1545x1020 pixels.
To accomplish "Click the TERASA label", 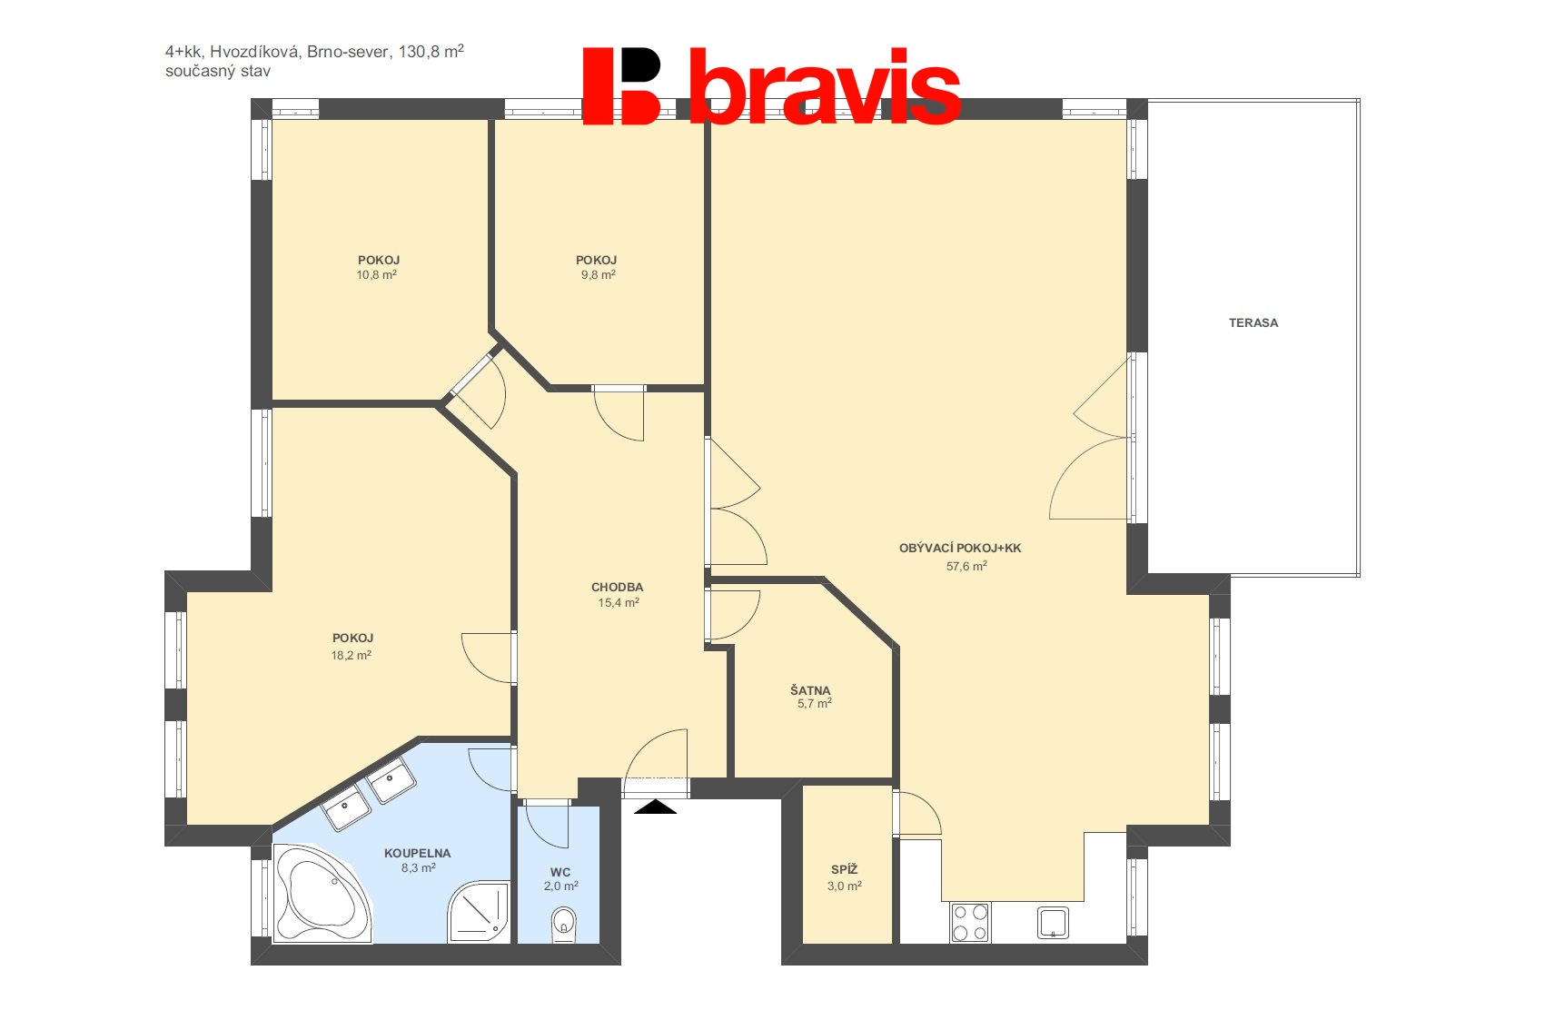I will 1253,322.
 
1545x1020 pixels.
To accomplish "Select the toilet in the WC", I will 563,923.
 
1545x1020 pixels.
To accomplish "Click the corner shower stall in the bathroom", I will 479,911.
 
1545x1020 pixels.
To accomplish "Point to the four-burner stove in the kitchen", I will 969,922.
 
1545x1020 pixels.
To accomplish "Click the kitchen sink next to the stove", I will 1053,923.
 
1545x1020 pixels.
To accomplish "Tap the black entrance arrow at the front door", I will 655,807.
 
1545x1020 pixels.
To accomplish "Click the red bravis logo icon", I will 621,86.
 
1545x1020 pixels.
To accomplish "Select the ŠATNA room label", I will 809,690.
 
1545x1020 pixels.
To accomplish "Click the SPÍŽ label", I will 844,869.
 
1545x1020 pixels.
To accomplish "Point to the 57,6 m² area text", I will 966,566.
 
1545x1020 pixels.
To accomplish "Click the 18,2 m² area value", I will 351,655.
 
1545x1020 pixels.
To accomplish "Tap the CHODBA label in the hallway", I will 617,587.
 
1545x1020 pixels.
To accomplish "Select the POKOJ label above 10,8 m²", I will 378,260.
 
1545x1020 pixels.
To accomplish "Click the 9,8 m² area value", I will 598,274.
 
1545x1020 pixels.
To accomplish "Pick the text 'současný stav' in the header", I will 217,71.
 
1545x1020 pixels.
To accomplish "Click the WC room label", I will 560,872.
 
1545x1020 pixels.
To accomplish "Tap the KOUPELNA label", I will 417,853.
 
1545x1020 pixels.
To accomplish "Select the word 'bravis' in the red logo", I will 824,88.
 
